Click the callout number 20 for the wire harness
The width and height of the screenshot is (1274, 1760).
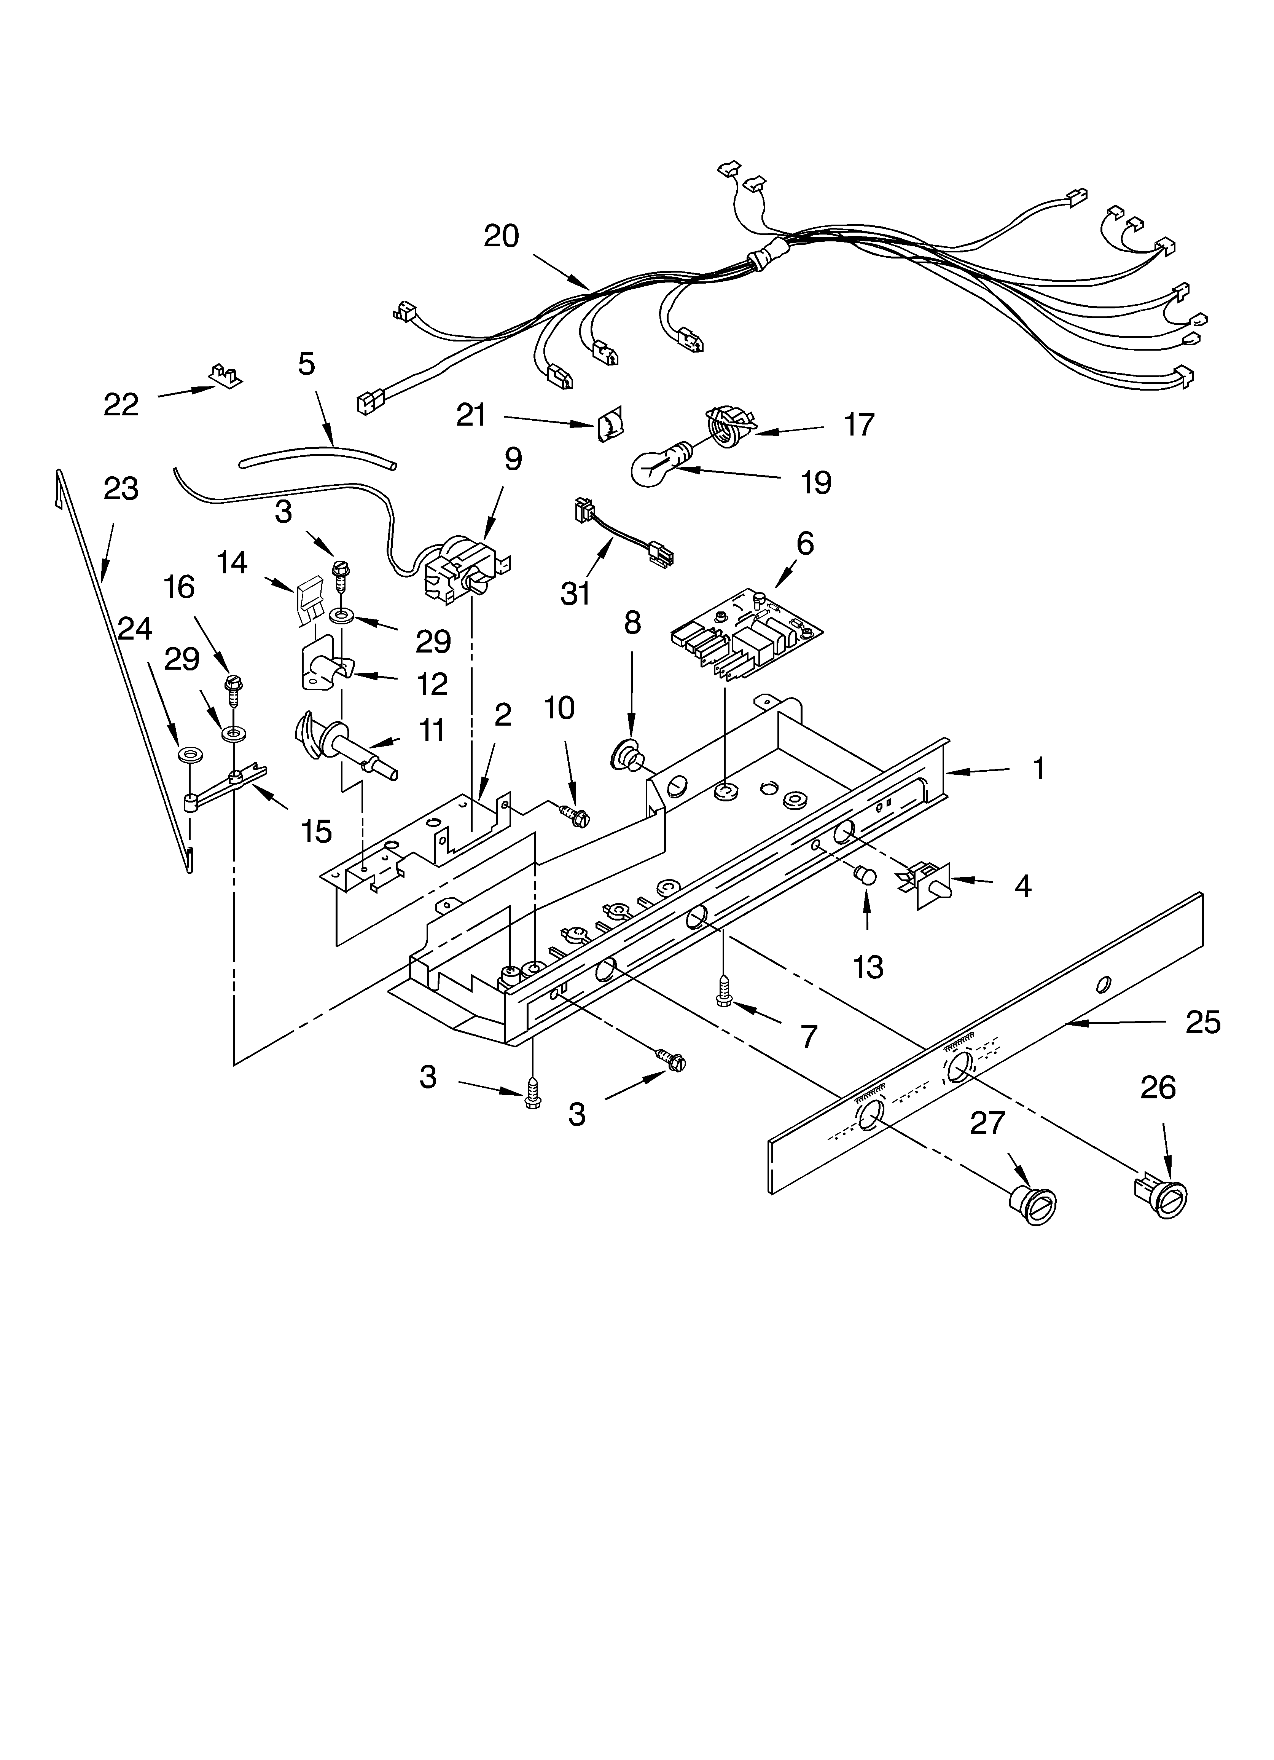coord(501,236)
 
